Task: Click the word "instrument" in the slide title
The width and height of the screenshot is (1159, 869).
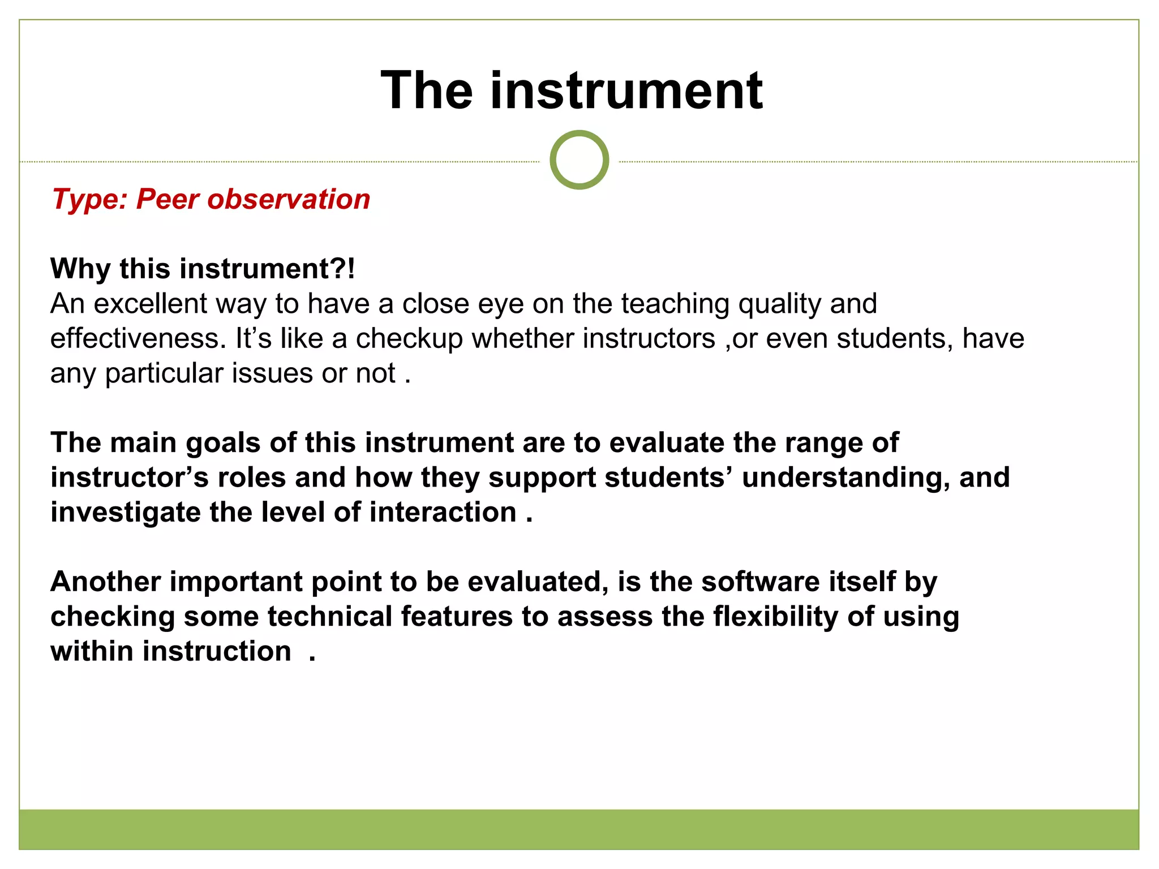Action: point(626,91)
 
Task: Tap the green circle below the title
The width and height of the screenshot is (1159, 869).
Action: point(579,160)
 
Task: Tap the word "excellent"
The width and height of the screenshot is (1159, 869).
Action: point(150,304)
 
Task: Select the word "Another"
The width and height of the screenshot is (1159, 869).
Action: point(105,582)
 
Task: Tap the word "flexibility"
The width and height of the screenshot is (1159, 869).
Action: point(775,616)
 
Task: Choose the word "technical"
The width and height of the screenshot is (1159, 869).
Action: point(330,616)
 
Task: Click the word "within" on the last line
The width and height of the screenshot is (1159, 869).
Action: point(92,651)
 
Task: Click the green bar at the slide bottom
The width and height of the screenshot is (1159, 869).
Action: point(579,829)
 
